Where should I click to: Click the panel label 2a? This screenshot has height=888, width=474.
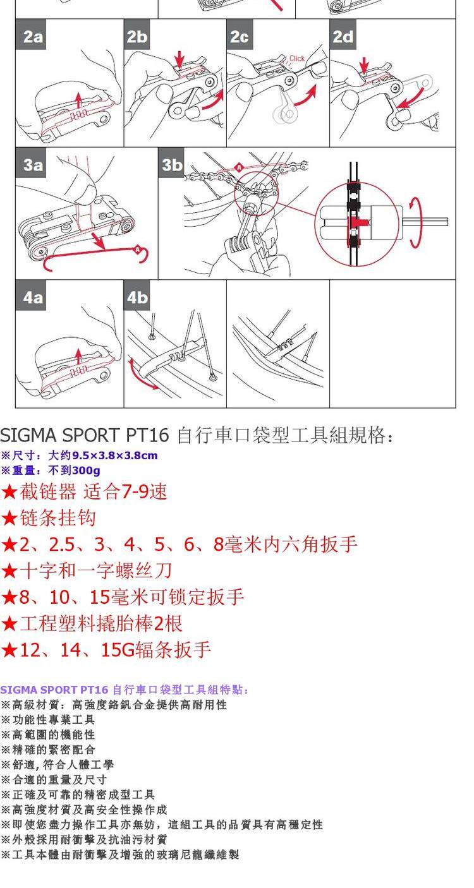coord(33,37)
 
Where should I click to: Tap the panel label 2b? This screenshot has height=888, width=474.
coord(137,37)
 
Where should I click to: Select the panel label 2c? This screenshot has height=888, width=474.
coord(240,37)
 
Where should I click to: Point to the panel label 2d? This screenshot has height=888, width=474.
coord(343,37)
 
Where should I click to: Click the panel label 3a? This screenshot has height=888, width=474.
coord(33,165)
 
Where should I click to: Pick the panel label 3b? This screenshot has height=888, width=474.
coord(172,165)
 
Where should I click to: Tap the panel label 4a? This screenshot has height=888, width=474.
coord(33,296)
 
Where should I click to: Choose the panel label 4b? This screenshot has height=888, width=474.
coord(137,296)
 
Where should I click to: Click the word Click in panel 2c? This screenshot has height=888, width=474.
coord(296,59)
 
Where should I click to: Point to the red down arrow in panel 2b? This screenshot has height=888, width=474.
coord(180,61)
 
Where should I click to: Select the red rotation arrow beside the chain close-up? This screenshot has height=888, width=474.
coord(414,222)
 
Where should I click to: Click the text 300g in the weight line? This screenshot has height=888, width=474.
coord(86,471)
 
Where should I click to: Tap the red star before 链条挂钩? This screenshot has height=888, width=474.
coord(9,519)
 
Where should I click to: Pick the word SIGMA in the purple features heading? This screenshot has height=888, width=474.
coord(13,690)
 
